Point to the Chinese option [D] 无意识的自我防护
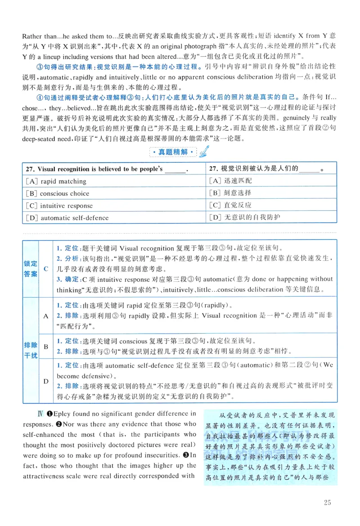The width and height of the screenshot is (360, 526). (x=245, y=218)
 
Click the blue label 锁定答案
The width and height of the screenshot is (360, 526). (x=31, y=268)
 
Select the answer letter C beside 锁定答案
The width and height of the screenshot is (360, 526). (x=46, y=268)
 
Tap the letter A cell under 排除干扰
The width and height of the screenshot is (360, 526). (x=46, y=316)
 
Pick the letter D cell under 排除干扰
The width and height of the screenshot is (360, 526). (x=46, y=381)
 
